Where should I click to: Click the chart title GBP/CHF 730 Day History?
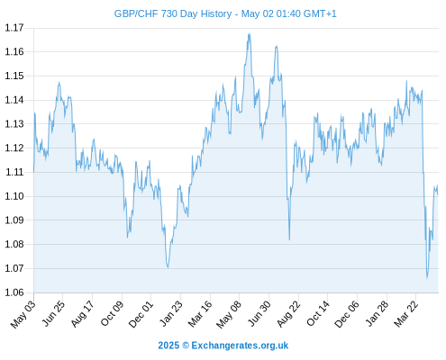click(173, 13)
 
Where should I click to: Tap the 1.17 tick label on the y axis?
click(14, 28)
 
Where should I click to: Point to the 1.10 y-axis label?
click(14, 196)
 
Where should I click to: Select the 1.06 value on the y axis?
click(14, 292)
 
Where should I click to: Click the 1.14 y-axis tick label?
click(14, 100)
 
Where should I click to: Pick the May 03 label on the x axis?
click(23, 314)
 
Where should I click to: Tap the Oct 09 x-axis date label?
click(112, 313)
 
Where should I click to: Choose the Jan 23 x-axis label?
click(171, 313)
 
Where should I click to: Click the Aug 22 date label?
click(288, 314)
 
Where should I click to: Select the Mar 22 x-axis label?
click(405, 314)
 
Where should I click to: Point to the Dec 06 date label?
click(347, 314)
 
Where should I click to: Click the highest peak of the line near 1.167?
click(249, 34)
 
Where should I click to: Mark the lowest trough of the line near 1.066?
click(427, 278)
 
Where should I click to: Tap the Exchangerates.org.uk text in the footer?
click(240, 346)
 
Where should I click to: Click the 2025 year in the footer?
click(168, 346)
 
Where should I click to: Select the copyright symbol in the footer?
click(186, 346)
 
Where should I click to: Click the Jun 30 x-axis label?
click(259, 313)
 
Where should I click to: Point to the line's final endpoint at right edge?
click(438, 194)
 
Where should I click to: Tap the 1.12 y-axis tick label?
click(14, 148)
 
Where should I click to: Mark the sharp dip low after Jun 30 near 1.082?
click(289, 239)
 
